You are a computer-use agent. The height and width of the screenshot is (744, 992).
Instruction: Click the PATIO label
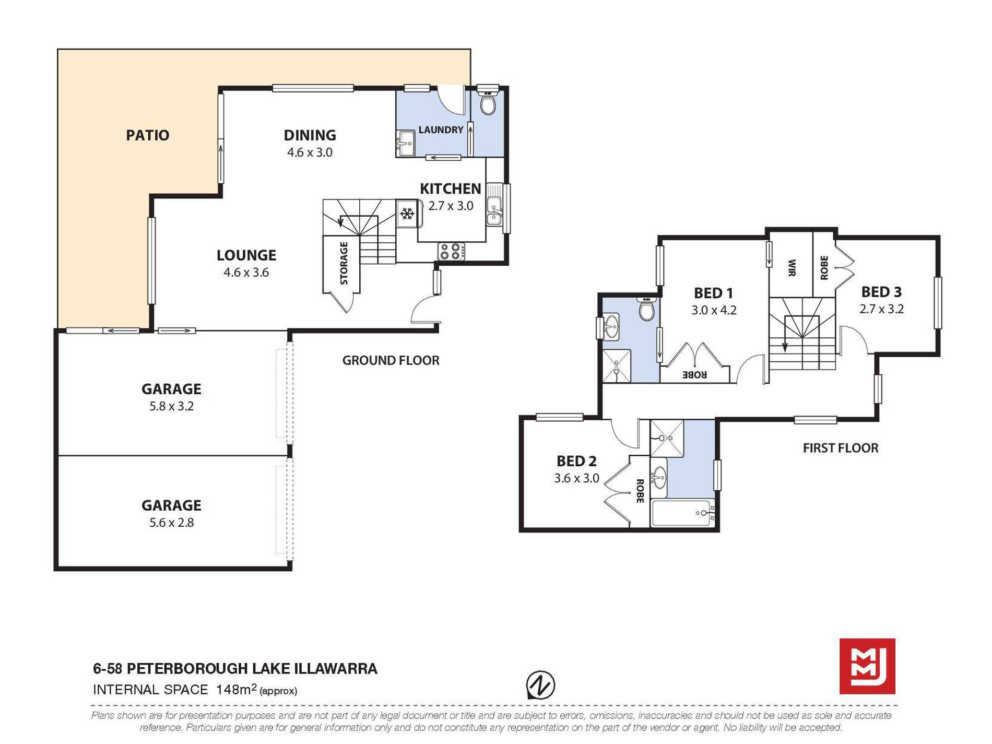pyautogui.click(x=148, y=135)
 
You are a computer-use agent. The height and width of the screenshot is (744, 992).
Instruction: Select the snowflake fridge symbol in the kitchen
pyautogui.click(x=407, y=214)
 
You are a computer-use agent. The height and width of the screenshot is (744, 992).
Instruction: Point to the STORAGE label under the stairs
pyautogui.click(x=344, y=263)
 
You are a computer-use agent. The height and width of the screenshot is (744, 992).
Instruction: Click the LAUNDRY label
pyautogui.click(x=441, y=129)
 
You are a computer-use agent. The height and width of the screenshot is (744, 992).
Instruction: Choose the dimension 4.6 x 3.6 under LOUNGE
pyautogui.click(x=246, y=272)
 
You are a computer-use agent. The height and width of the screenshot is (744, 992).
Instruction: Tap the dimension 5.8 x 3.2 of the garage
pyautogui.click(x=171, y=406)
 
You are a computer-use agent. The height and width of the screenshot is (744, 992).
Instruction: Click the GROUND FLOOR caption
pyautogui.click(x=391, y=360)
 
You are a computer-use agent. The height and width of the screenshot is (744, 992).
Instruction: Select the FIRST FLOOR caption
pyautogui.click(x=841, y=448)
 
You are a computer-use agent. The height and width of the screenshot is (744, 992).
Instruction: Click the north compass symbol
pyautogui.click(x=540, y=684)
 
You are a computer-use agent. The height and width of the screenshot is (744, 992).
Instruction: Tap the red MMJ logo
pyautogui.click(x=867, y=666)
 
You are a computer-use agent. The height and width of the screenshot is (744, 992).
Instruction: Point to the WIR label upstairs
pyautogui.click(x=792, y=268)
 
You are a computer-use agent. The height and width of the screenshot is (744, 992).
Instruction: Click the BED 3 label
pyautogui.click(x=881, y=292)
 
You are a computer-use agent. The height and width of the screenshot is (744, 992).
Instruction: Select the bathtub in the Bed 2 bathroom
pyautogui.click(x=682, y=513)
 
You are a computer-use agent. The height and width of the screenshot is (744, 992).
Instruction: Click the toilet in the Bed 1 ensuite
pyautogui.click(x=646, y=309)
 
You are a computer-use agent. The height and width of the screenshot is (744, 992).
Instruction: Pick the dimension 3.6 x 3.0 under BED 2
pyautogui.click(x=576, y=478)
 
